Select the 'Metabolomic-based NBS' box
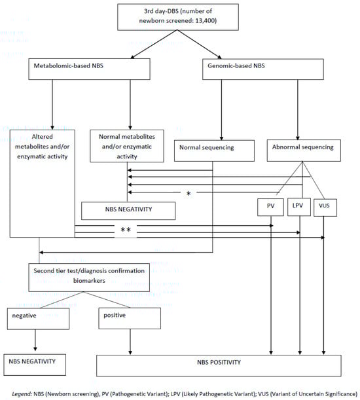tap(76, 67)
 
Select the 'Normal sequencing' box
tap(212, 147)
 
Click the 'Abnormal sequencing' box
tap(301, 147)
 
